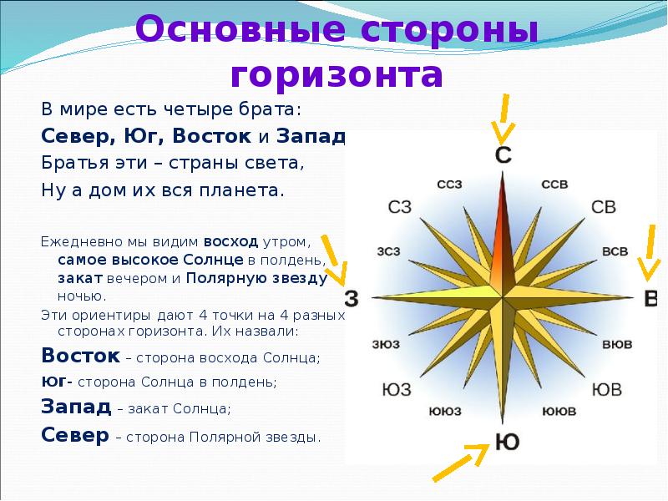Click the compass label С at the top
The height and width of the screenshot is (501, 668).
[504, 154]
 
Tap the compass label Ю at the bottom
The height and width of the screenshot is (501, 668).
[507, 442]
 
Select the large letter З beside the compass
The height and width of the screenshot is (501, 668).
[352, 298]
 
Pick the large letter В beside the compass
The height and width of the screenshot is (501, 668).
[651, 298]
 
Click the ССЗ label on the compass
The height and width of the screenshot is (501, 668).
[449, 185]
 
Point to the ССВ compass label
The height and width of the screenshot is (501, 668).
[554, 185]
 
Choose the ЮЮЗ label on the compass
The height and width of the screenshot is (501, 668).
[445, 411]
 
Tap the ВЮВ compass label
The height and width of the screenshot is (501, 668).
[617, 344]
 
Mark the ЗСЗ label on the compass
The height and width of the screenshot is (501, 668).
[388, 251]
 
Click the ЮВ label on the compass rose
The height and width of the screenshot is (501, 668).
[607, 389]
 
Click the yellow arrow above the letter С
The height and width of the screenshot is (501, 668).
[504, 119]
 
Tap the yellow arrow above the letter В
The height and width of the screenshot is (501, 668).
[650, 253]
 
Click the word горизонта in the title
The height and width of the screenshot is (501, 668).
[337, 76]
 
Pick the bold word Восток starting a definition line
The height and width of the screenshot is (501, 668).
[80, 356]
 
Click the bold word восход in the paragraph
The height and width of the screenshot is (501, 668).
[231, 242]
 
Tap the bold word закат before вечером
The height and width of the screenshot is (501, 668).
[80, 278]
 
